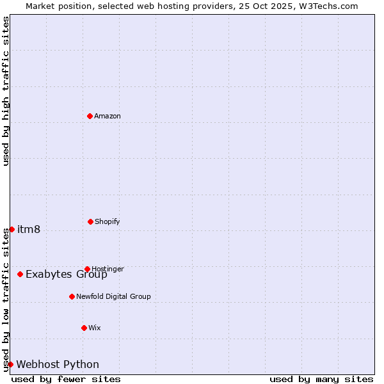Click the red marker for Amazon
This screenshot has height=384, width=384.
pyautogui.click(x=90, y=116)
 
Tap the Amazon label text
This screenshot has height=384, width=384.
pyautogui.click(x=108, y=116)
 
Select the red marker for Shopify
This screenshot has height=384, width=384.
pyautogui.click(x=90, y=221)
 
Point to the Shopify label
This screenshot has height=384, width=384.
pyautogui.click(x=107, y=221)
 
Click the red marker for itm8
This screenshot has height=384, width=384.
pyautogui.click(x=12, y=229)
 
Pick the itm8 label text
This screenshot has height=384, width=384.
pyautogui.click(x=29, y=230)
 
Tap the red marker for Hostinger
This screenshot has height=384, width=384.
pyautogui.click(x=87, y=269)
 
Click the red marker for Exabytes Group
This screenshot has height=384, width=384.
pyautogui.click(x=20, y=274)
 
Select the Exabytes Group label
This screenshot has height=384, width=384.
pyautogui.click(x=66, y=275)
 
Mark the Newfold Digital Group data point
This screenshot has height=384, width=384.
pyautogui.click(x=72, y=296)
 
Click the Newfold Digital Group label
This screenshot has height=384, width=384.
pyautogui.click(x=113, y=296)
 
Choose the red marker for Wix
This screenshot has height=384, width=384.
pyautogui.click(x=84, y=328)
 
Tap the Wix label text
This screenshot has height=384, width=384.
pyautogui.click(x=94, y=328)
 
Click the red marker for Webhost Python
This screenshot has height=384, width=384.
pyautogui.click(x=10, y=364)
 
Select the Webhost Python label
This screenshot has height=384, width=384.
pyautogui.click(x=58, y=365)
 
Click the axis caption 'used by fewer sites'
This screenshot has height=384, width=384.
pyautogui.click(x=66, y=379)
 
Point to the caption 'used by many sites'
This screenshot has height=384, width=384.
pyautogui.click(x=321, y=379)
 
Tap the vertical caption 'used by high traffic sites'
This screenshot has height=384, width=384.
pyautogui.click(x=6, y=91)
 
